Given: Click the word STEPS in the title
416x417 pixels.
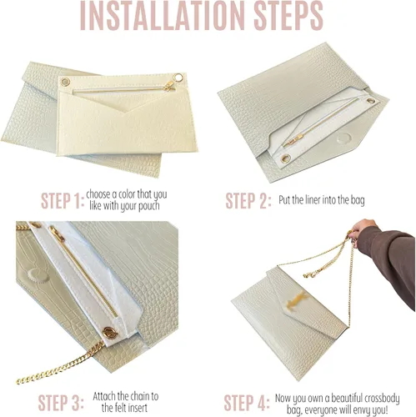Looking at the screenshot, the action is pyautogui.click(x=288, y=16).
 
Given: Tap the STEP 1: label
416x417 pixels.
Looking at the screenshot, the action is pyautogui.click(x=63, y=200).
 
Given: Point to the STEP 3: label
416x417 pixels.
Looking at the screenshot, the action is pyautogui.click(x=61, y=402).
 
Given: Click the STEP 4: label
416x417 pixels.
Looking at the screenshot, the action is pyautogui.click(x=247, y=402).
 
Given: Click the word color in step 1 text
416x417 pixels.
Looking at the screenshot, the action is pyautogui.click(x=127, y=194).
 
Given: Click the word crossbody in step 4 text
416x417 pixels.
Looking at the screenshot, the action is pyautogui.click(x=379, y=399).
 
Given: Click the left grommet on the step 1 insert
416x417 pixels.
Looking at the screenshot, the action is pyautogui.click(x=65, y=82).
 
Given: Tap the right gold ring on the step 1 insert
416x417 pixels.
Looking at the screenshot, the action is pyautogui.click(x=178, y=78).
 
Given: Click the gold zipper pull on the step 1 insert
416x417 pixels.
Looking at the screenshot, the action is pyautogui.click(x=169, y=86).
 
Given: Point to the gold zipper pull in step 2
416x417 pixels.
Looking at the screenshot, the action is pyautogui.click(x=293, y=140).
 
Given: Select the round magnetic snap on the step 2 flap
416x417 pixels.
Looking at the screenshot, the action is pyautogui.click(x=343, y=138).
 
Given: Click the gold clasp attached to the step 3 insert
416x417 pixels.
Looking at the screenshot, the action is pyautogui.click(x=110, y=333).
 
